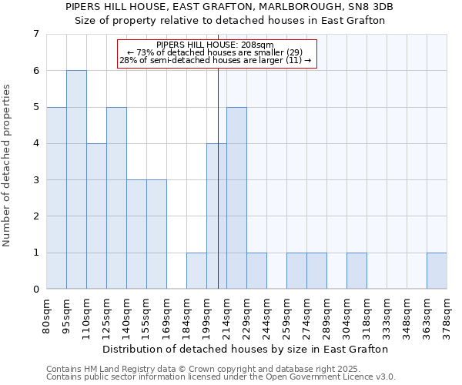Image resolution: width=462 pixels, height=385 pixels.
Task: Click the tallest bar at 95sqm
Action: pos(76,179)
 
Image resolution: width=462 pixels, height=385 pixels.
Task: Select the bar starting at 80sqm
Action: pos(56,198)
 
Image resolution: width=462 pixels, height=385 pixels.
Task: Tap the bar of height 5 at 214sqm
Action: pos(236,198)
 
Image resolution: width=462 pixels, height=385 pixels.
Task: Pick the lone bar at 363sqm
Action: pos(437,271)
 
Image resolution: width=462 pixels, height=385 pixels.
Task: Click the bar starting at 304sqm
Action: pos(357,271)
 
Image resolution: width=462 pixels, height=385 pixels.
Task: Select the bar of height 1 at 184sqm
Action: pos(196,271)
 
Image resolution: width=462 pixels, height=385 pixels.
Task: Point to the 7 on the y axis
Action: pos(35,34)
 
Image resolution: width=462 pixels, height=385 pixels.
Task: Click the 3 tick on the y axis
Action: pos(35,180)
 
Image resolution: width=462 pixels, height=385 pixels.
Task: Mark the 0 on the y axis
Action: pos(35,290)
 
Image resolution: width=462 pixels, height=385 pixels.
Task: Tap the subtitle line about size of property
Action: pos(229,21)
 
